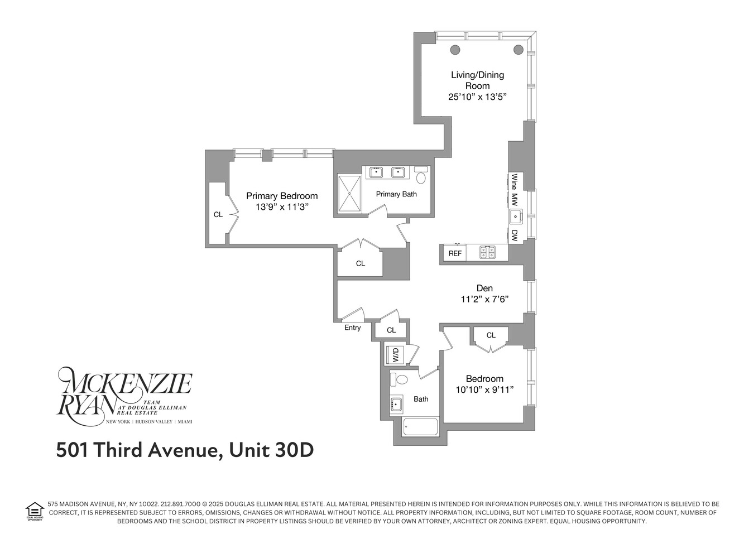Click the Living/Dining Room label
point(477,80)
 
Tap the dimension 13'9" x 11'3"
point(282,207)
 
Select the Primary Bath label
point(396,194)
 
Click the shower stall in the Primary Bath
point(350,193)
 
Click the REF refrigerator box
point(455,253)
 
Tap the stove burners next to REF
point(488,253)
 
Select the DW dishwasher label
point(515,235)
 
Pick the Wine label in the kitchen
point(515,181)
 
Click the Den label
point(484,288)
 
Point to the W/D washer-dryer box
point(395,354)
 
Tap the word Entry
point(353,328)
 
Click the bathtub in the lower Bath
point(421,427)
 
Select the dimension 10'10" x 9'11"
point(484,390)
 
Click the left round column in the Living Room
point(455,50)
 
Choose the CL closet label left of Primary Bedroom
point(218,214)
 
